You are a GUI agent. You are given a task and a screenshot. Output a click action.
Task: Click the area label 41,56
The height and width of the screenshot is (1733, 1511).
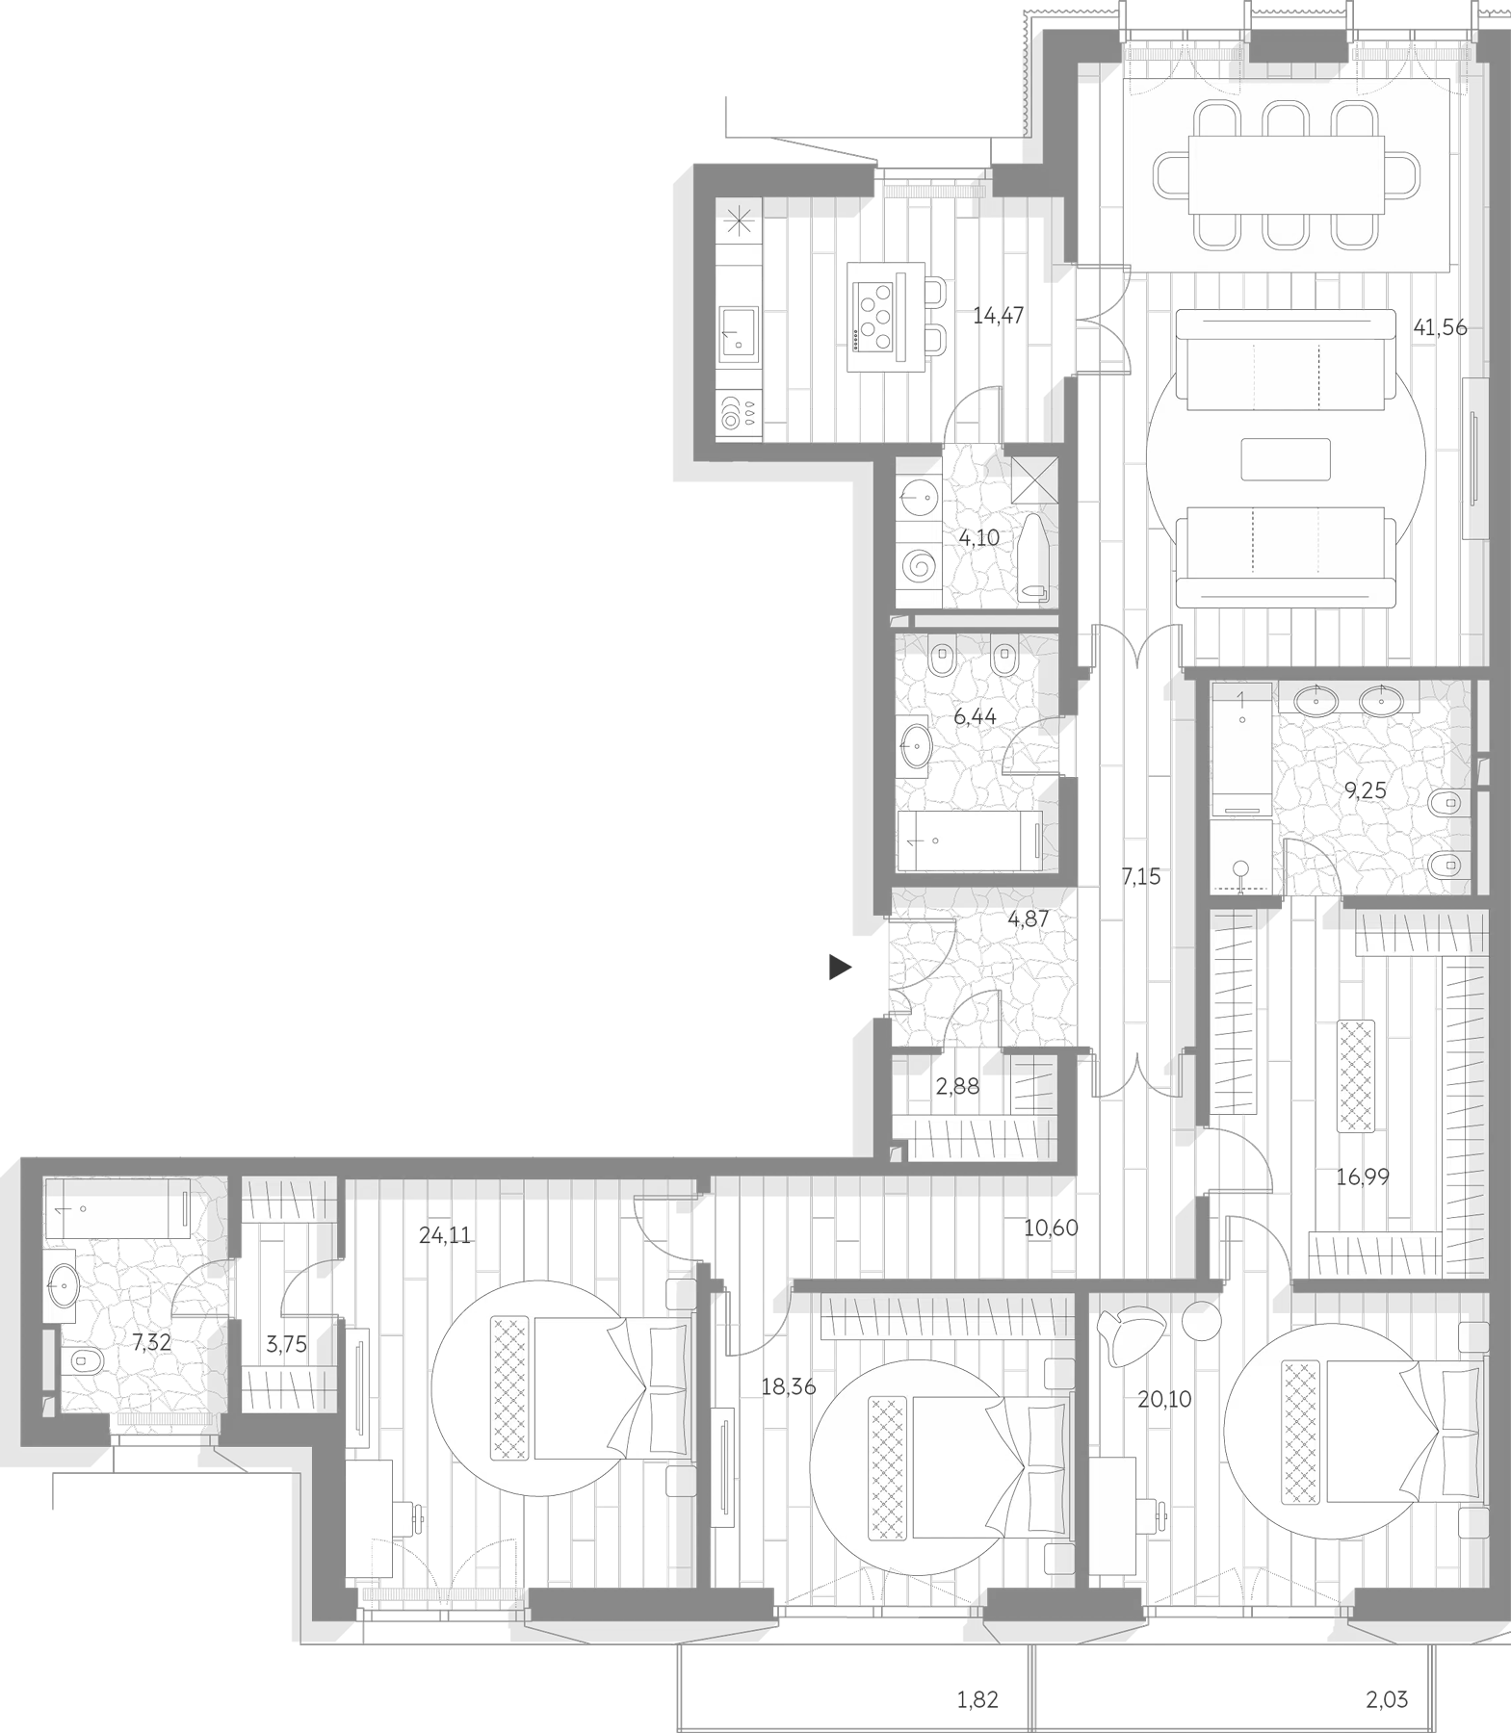pyautogui.click(x=1440, y=327)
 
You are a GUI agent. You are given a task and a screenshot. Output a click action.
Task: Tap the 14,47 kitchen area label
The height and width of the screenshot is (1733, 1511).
pyautogui.click(x=998, y=315)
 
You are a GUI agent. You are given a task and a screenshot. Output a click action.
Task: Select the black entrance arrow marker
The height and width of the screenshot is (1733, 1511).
pyautogui.click(x=841, y=968)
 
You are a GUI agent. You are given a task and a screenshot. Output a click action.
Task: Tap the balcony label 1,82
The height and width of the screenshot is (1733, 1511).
pyautogui.click(x=977, y=1700)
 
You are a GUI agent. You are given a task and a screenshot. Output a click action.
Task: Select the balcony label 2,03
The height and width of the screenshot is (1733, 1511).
pyautogui.click(x=1387, y=1700)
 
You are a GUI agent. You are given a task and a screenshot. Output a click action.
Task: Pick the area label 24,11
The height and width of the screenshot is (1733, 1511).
pyautogui.click(x=445, y=1235)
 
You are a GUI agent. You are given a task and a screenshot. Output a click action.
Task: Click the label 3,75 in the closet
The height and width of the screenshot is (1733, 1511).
pyautogui.click(x=286, y=1344)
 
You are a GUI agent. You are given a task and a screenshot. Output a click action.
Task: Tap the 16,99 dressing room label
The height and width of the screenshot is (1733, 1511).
pyautogui.click(x=1363, y=1176)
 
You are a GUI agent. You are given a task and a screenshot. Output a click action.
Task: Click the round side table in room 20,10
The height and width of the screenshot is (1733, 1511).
pyautogui.click(x=1202, y=1320)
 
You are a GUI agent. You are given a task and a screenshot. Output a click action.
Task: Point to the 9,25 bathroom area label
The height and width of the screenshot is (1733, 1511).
pyautogui.click(x=1366, y=790)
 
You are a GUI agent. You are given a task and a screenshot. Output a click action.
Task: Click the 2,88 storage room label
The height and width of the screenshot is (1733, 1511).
pyautogui.click(x=957, y=1086)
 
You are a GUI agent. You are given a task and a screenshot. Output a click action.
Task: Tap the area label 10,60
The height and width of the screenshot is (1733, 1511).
pyautogui.click(x=1051, y=1228)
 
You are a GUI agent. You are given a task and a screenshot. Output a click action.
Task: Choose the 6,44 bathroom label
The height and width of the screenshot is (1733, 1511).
pyautogui.click(x=975, y=716)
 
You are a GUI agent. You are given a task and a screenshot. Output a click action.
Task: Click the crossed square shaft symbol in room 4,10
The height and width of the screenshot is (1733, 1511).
pyautogui.click(x=1035, y=479)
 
